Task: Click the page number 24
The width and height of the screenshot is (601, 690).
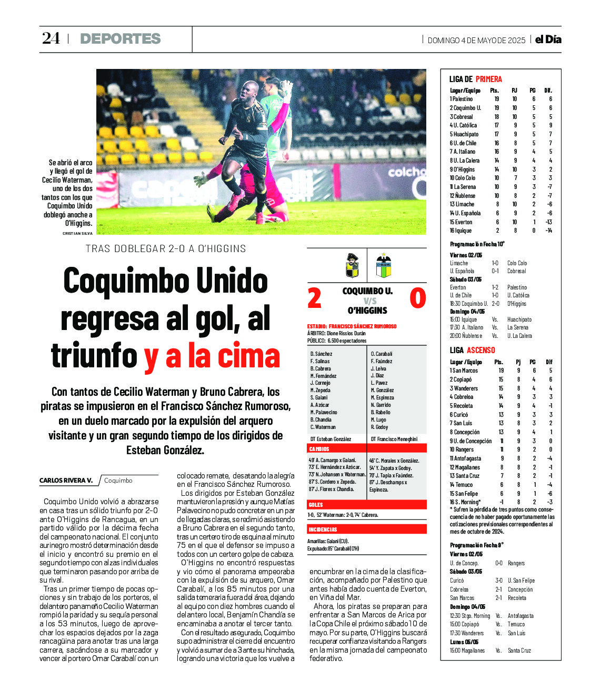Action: pos(51,38)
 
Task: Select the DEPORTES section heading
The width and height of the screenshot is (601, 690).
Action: pos(120,39)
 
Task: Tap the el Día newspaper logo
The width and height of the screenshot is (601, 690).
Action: pos(548,39)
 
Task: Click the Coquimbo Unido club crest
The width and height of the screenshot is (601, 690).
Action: pos(352,266)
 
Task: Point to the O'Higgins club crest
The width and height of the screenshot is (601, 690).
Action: pos(384,266)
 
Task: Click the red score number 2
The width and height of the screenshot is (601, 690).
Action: pos(314,298)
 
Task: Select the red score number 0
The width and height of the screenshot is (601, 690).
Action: pos(417,298)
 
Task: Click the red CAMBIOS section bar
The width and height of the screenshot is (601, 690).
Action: pos(366,449)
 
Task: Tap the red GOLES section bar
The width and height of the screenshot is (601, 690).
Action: pos(366,505)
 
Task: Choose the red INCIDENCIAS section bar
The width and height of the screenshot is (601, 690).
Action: pos(366,529)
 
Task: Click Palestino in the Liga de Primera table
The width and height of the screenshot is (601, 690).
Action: pos(462,99)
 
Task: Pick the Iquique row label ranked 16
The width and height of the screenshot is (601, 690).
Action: pos(462,231)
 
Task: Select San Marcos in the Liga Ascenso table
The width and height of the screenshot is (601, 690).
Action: pos(465,371)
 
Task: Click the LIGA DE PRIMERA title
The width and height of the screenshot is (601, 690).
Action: pos(475,79)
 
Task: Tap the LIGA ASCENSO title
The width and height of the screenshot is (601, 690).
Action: pos(472,350)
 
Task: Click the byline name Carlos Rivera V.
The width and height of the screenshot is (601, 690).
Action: pos(66,481)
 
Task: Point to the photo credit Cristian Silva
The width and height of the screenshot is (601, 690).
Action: pos(77,233)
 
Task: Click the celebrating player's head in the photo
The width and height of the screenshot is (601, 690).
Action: pos(250,91)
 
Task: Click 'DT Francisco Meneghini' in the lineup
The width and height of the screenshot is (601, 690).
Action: pos(394,439)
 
